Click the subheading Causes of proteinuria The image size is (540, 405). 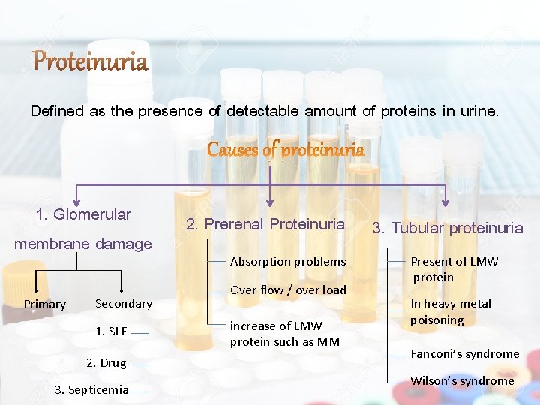pyautogui.click(x=286, y=150)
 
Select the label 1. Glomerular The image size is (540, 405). pyautogui.click(x=83, y=214)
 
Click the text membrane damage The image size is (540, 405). pyautogui.click(x=83, y=243)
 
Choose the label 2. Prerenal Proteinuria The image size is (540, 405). pyautogui.click(x=265, y=224)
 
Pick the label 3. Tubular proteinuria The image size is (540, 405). pyautogui.click(x=448, y=228)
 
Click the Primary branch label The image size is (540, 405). pyautogui.click(x=45, y=304)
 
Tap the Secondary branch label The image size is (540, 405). pyautogui.click(x=124, y=303)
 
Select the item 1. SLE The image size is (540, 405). pyautogui.click(x=111, y=331)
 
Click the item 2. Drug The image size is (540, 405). pyautogui.click(x=106, y=362)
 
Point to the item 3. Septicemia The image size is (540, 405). pyautogui.click(x=91, y=389)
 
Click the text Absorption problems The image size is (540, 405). pyautogui.click(x=288, y=261)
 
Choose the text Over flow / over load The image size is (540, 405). pyautogui.click(x=288, y=289)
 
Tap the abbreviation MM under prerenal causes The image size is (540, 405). pyautogui.click(x=330, y=341)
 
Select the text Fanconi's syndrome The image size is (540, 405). pyautogui.click(x=465, y=353)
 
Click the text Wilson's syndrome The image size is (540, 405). pyautogui.click(x=462, y=380)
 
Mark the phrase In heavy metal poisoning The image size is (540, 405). pyautogui.click(x=450, y=311)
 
